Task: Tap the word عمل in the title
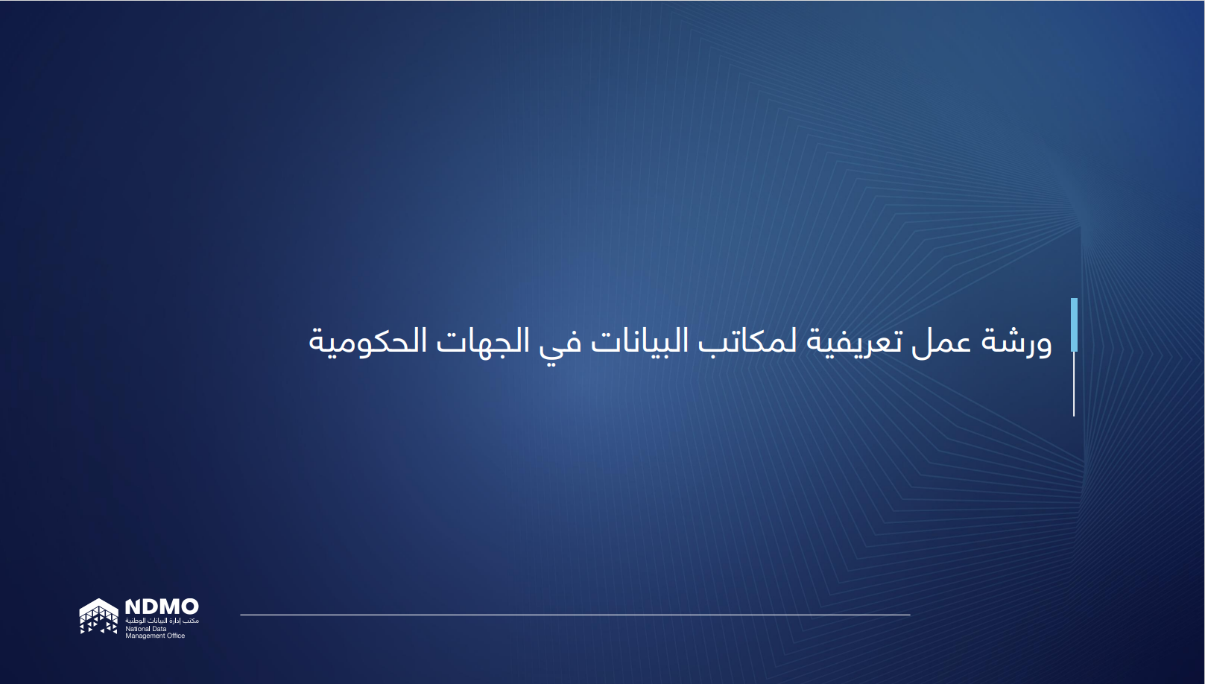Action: pos(943,341)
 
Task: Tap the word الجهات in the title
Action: pos(483,341)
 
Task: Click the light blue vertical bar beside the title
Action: pos(1074,325)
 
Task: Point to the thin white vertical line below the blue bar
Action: pos(1074,384)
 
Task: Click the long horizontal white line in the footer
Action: pos(575,615)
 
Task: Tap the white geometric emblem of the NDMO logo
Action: pos(99,616)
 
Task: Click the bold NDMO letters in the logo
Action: pos(162,607)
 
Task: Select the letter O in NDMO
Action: pos(189,607)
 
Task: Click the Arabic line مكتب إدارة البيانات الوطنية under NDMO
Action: pos(162,621)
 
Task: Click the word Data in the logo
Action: pos(159,629)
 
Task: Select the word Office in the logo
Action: pos(176,636)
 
